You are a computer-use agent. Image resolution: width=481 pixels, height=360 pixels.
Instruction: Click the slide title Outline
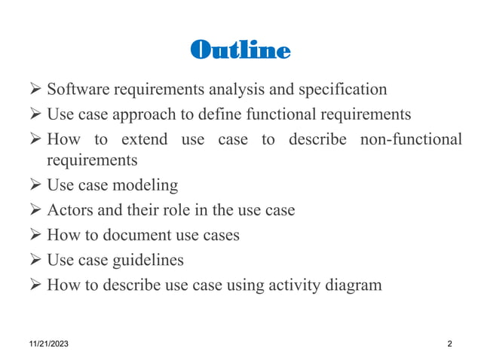tap(240, 50)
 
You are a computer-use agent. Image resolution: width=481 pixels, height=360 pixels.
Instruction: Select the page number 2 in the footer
tap(449, 344)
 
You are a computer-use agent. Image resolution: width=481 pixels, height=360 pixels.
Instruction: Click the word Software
tap(77, 90)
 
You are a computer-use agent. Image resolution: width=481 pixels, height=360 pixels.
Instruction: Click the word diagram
tap(354, 285)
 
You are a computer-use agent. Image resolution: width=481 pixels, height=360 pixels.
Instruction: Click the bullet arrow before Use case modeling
tap(35, 185)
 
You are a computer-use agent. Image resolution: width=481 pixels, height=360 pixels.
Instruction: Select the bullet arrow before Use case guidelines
tap(35, 260)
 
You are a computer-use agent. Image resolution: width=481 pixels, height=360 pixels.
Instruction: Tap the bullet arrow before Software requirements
tap(35, 90)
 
